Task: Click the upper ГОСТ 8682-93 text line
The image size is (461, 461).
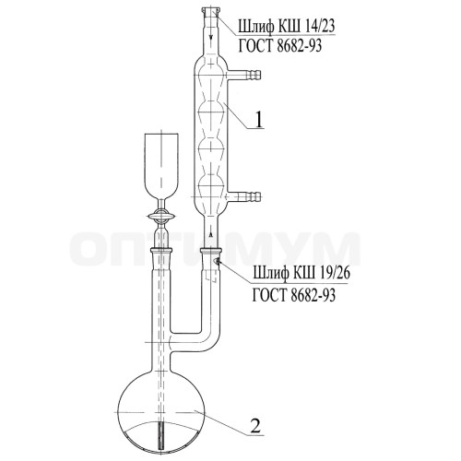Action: pos(280,46)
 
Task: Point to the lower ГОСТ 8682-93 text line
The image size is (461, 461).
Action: pos(294,295)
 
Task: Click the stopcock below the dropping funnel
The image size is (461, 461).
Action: pos(161,217)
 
